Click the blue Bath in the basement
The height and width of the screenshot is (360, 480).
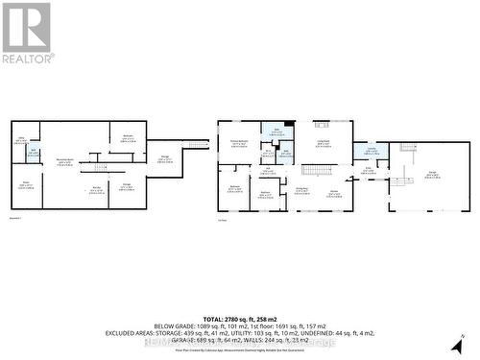pyautogui.click(x=33, y=152)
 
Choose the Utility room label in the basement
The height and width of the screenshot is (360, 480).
pyautogui.click(x=20, y=141)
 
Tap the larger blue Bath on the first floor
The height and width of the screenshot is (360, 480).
pyautogui.click(x=276, y=132)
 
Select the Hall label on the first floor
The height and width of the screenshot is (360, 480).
pyautogui.click(x=272, y=171)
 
